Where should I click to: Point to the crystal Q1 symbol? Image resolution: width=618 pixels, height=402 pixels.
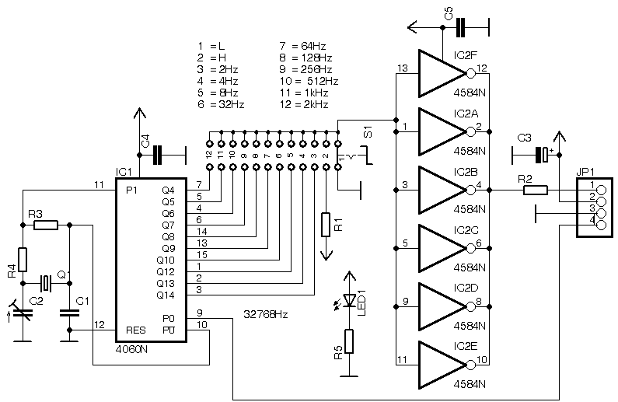coord(47,282)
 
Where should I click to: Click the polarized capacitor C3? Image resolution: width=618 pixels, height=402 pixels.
coord(545,154)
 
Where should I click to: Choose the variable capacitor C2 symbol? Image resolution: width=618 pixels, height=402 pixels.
coord(23,313)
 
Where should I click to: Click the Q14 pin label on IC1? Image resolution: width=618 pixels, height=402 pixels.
coord(166,294)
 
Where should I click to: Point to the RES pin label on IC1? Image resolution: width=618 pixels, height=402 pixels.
coord(135,330)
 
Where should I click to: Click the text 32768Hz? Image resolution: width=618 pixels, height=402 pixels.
coord(266,315)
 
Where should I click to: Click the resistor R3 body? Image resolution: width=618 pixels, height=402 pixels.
coord(46,225)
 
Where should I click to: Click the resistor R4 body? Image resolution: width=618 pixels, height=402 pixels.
coord(23,259)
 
